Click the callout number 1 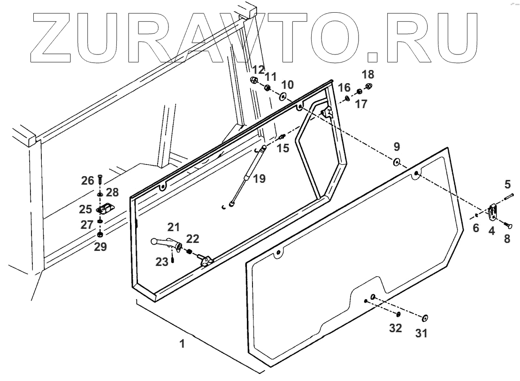coord(182,343)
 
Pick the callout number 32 coord(395,328)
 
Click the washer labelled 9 coord(396,163)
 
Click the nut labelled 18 coord(369,86)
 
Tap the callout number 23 coord(162,262)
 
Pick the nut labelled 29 coord(100,234)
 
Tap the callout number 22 coord(193,238)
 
